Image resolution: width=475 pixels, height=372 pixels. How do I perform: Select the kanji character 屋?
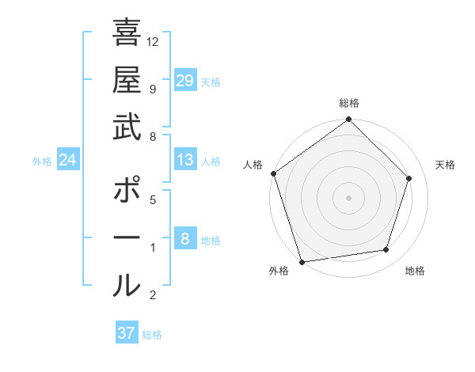click(x=127, y=82)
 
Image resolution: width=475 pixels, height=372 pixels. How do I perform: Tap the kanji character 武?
click(x=127, y=127)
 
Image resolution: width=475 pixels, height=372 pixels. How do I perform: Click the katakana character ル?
click(x=127, y=285)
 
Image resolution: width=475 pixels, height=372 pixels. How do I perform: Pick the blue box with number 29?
click(x=185, y=81)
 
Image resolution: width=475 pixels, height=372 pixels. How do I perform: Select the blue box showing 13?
click(x=185, y=160)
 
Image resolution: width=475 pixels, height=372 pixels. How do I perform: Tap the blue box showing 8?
click(x=185, y=239)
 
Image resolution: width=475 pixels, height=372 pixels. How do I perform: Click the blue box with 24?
click(x=68, y=161)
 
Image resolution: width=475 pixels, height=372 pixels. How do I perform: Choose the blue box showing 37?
click(x=127, y=333)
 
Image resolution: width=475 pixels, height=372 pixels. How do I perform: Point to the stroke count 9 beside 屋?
click(x=152, y=89)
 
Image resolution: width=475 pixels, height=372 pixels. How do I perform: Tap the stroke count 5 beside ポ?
click(x=152, y=200)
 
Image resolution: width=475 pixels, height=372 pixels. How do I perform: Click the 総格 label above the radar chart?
click(x=349, y=103)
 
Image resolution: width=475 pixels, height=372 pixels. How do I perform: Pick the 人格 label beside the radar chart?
click(x=253, y=165)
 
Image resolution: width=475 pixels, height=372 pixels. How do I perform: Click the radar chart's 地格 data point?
click(x=386, y=250)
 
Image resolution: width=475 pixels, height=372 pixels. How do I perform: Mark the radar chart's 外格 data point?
click(x=302, y=261)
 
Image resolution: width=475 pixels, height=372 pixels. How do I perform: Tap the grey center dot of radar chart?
click(x=349, y=197)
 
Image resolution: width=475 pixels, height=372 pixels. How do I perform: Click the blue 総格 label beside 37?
click(x=153, y=335)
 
